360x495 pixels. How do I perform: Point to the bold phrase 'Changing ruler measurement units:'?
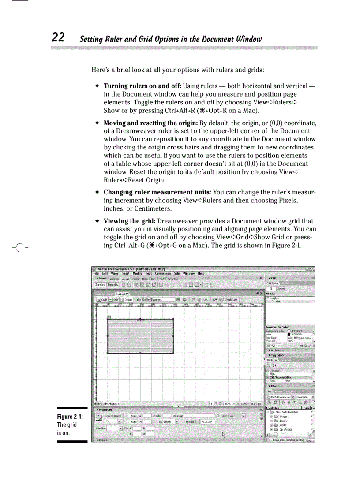click(x=157, y=192)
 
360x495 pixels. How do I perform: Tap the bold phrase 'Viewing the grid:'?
click(x=130, y=221)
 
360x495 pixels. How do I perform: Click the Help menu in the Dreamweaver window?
click(x=201, y=274)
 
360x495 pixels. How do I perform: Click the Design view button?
click(x=127, y=300)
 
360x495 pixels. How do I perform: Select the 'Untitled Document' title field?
click(x=153, y=300)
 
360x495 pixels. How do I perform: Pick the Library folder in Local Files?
click(x=283, y=421)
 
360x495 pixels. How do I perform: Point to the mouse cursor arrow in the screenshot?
click(x=224, y=434)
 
